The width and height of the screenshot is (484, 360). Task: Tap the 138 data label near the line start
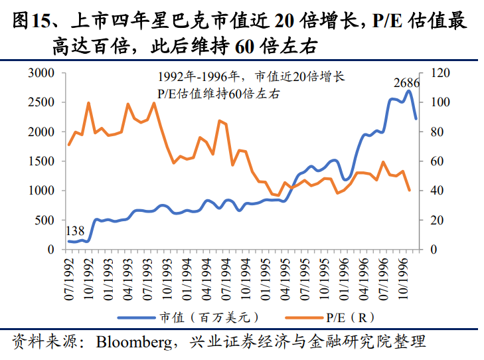coord(75,231)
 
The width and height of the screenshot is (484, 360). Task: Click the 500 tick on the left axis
coord(47,220)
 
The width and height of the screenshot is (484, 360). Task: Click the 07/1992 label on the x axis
coord(68,276)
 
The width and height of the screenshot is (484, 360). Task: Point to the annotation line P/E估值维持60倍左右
coord(219,94)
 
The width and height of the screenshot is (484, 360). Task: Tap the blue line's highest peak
coord(408,91)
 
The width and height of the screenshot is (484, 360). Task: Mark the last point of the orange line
coord(409,191)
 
